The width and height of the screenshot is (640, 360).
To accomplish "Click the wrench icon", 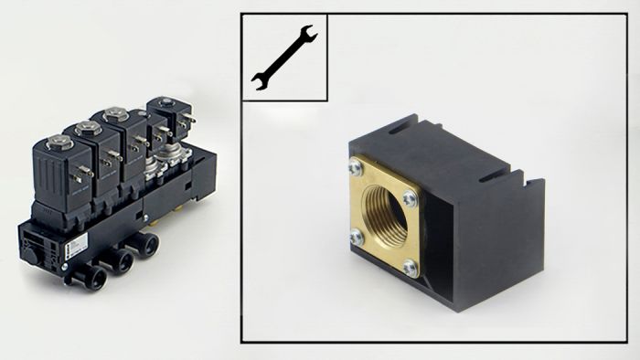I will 283,57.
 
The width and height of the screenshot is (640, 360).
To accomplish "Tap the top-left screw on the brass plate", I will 356,166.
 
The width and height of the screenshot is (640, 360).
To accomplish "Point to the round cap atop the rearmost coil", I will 165,102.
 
